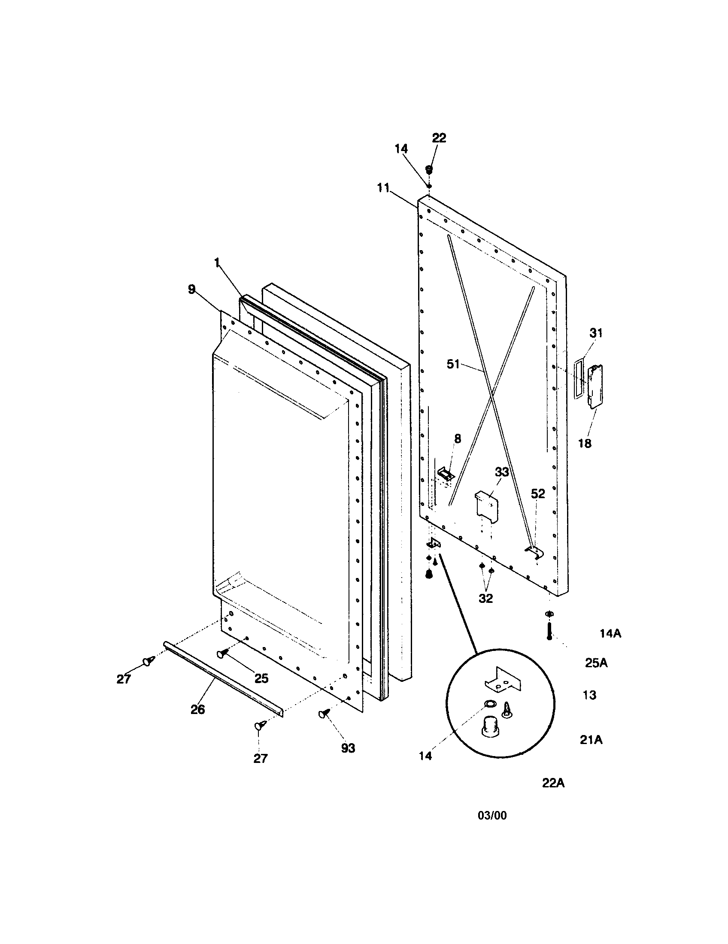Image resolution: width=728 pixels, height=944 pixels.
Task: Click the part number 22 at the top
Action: pos(439,138)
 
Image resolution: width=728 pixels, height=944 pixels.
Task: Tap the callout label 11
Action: pos(383,188)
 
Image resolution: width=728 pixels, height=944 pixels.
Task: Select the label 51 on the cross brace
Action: pos(453,364)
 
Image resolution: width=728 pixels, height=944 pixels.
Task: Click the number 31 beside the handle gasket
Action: pos(596,333)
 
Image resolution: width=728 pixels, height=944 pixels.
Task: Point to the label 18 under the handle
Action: pos(585,444)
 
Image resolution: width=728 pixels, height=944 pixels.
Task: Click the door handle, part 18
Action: pos(595,386)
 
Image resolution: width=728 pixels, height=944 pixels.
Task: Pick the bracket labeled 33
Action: pos(487,504)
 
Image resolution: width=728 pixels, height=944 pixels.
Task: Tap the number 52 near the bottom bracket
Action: pos(538,493)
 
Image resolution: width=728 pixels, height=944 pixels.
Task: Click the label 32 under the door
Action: pos(485,599)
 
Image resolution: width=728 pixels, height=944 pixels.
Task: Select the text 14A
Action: pos(610,634)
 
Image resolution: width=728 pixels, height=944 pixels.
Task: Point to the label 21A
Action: pos(591,740)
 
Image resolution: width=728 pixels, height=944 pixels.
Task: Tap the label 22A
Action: pos(553,783)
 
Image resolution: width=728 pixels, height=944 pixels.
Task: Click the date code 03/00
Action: pos(492,816)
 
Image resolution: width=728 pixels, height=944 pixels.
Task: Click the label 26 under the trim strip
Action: pos(197,709)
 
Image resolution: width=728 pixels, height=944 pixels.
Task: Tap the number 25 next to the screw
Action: pos(261,678)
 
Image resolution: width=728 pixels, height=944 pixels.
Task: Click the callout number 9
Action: pos(192,289)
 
